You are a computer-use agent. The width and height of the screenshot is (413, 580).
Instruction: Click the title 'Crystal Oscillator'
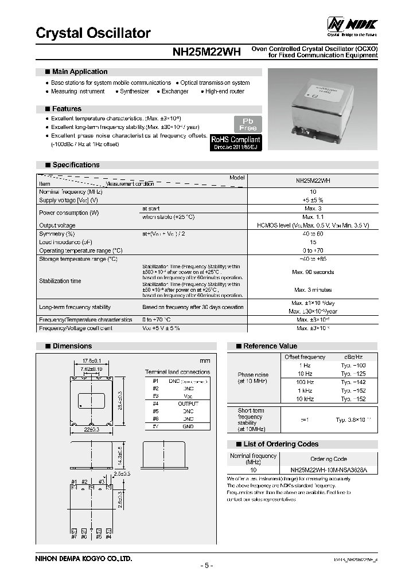click(93, 33)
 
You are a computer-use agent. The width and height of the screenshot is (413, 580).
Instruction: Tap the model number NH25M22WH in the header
click(206, 52)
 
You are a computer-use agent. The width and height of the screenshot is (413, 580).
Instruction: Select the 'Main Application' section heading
click(79, 72)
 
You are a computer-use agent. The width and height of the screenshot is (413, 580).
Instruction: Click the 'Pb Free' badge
click(248, 124)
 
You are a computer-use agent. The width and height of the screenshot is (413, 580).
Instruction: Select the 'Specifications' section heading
click(76, 164)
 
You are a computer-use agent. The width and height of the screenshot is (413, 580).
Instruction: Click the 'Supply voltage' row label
click(68, 201)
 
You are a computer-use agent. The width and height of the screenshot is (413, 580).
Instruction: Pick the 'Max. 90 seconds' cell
click(313, 272)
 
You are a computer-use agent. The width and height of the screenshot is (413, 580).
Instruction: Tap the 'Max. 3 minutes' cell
click(313, 290)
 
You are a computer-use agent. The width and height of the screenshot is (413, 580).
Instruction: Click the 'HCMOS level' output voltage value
click(313, 226)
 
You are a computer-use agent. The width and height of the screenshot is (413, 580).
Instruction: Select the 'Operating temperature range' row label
click(80, 250)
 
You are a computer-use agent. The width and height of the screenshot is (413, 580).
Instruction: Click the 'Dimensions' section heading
click(72, 346)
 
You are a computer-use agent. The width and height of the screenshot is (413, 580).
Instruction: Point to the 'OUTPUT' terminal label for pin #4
click(188, 403)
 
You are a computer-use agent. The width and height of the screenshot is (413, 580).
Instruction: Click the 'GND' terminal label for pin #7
click(188, 426)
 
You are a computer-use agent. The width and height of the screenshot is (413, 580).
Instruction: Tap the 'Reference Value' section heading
click(270, 346)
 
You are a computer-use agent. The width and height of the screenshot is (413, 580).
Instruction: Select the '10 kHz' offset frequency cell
click(305, 398)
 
